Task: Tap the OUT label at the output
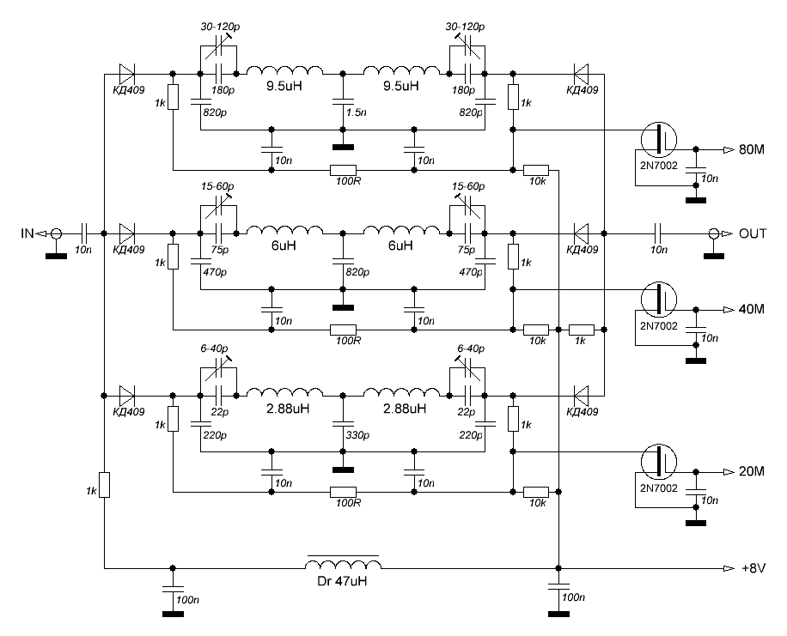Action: point(747,233)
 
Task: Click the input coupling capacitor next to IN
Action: point(85,233)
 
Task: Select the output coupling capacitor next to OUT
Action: point(657,233)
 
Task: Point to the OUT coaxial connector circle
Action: point(713,233)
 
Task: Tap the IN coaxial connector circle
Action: point(56,233)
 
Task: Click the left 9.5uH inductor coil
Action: point(284,69)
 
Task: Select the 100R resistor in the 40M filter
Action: point(343,329)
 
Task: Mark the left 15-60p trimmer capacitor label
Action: point(217,186)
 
